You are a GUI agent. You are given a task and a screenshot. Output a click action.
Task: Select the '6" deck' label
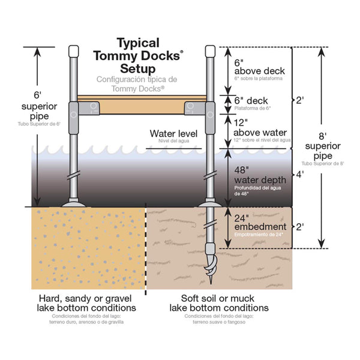pyautogui.click(x=251, y=101)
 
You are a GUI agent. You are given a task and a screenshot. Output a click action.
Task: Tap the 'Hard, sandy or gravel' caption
pyautogui.click(x=86, y=302)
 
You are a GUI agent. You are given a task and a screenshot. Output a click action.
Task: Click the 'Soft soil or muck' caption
pyautogui.click(x=218, y=302)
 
